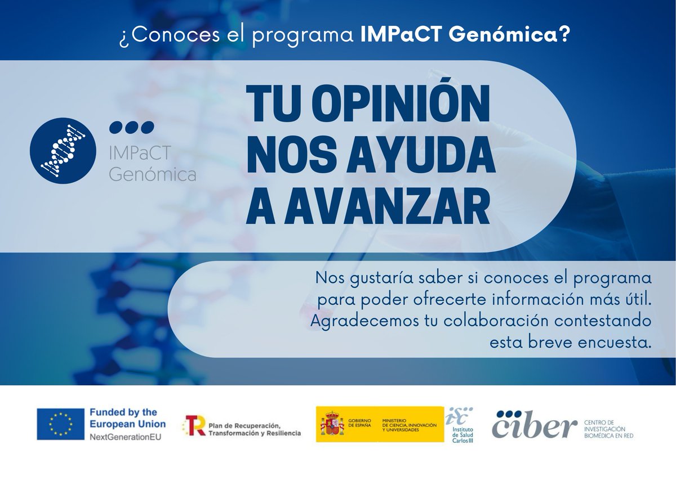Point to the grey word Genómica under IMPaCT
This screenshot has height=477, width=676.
pos(152,175)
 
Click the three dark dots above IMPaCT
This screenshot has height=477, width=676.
pos(131,127)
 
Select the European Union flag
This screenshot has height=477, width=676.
pos(61,424)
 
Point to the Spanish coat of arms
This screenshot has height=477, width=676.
pos(332,424)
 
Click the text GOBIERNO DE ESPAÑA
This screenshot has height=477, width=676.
pos(360,424)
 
